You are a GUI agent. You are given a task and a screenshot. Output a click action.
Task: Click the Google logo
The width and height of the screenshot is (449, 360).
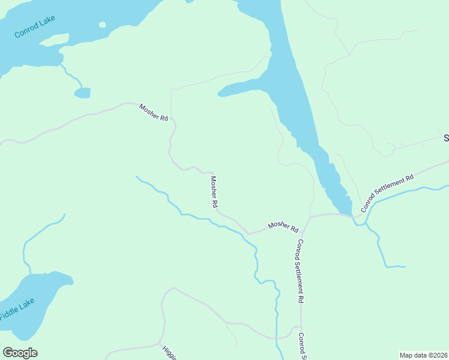pos(20,352)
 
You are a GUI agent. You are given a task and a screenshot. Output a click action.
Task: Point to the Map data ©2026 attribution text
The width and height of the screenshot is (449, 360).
pos(423,355)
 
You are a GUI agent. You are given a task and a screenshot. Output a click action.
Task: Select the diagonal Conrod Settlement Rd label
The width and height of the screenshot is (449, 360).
pos(387,194)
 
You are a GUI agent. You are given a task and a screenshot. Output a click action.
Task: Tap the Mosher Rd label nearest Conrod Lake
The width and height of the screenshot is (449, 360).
pos(154,112)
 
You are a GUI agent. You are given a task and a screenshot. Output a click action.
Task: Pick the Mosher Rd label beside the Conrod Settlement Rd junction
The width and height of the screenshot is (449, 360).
pos(283,226)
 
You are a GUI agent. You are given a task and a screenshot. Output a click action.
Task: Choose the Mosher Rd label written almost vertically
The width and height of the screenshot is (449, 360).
pos(214,191)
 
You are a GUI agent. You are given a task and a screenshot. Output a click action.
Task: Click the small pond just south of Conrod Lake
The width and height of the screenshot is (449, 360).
pos(82,93)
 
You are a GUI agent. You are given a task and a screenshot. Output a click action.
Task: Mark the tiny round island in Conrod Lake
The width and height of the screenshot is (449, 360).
pos(102,25)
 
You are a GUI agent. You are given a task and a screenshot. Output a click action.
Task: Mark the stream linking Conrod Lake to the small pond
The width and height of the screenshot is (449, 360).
pos(71,76)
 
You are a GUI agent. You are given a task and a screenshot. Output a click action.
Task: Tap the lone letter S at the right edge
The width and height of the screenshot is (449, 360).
pos(446,138)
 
